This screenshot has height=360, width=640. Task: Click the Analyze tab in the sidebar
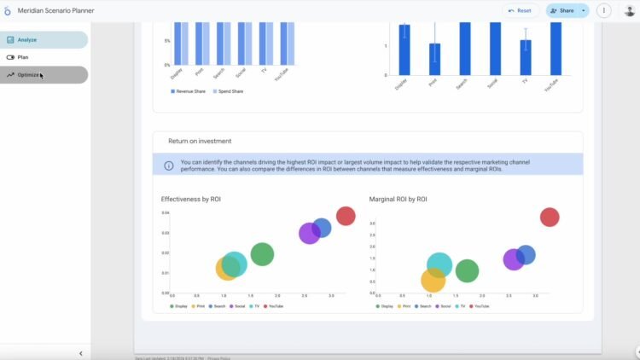pos(43,40)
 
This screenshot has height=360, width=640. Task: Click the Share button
pos(561,11)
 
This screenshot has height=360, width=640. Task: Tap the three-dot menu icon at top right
pos(603,11)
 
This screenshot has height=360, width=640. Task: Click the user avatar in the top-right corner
pos(630,11)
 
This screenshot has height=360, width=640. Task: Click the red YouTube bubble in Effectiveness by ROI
pos(346,216)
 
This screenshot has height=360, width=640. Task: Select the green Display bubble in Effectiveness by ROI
pos(262,253)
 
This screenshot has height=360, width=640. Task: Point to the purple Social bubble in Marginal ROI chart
pos(514,259)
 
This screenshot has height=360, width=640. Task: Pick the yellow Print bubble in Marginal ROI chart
pos(433,280)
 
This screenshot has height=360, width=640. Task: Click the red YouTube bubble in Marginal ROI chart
pos(550,218)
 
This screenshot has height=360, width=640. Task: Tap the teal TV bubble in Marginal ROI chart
pos(439,264)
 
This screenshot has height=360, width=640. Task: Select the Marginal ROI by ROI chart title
pos(398,199)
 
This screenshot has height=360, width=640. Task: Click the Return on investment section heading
pos(200,141)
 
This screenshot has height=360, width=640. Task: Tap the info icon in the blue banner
pos(169,165)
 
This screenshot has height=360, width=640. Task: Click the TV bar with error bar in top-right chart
pos(526,57)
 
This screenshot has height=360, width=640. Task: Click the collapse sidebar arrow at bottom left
pos(80,353)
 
